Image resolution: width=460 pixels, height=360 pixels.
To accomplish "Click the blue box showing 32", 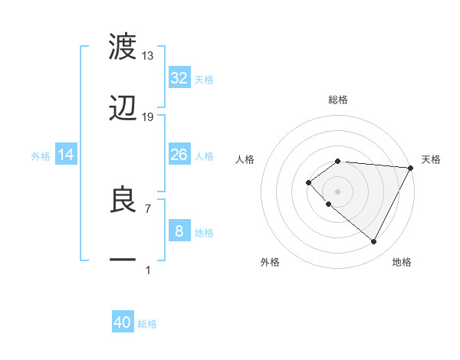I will click(179, 78).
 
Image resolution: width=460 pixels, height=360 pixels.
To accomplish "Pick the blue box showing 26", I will click(179, 155).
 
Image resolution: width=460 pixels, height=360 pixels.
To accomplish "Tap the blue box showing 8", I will click(179, 231).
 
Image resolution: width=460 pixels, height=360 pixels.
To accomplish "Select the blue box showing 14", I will click(66, 155).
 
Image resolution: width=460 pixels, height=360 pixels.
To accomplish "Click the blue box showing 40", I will click(123, 322).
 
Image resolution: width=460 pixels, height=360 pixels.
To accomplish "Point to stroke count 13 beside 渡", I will click(148, 56).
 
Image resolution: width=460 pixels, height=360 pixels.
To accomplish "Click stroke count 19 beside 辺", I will click(148, 117).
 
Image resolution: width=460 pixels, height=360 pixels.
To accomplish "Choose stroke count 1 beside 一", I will click(148, 270).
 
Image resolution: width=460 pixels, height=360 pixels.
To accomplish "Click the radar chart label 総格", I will click(338, 100).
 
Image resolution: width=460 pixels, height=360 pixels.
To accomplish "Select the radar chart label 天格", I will click(431, 159).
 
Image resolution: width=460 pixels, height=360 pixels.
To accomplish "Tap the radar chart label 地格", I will click(402, 262).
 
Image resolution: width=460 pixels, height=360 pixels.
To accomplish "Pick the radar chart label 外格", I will click(270, 262).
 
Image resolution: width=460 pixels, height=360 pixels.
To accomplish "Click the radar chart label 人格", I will click(245, 159).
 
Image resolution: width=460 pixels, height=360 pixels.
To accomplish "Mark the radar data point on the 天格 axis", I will click(410, 168).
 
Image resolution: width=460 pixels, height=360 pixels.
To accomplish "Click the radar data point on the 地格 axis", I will click(373, 241).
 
